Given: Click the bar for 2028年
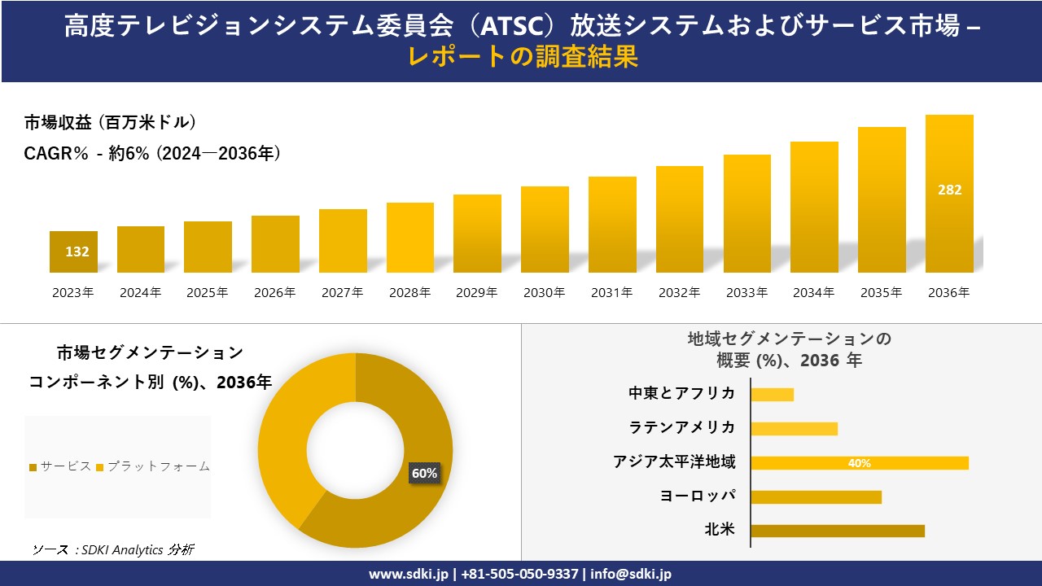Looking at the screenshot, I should [x=409, y=237].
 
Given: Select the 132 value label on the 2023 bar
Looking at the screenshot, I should [x=77, y=251].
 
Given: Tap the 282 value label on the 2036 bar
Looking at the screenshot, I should [x=949, y=190].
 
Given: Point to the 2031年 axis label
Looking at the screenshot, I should [x=611, y=293].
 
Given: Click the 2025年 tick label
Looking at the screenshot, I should [x=208, y=293].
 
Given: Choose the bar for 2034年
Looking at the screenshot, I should [x=814, y=207].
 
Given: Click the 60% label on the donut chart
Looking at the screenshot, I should [x=424, y=473].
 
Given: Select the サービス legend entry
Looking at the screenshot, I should [x=60, y=466].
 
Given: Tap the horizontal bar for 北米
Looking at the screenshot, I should [x=837, y=531].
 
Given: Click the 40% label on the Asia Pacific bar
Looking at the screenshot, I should [x=859, y=463].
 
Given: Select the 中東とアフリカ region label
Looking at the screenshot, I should [x=681, y=394].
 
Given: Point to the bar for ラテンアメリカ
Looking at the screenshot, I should [x=794, y=429].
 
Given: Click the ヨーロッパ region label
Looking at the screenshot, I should [x=698, y=496].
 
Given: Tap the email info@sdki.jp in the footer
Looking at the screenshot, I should [x=631, y=574].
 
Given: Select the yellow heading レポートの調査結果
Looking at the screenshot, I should [x=521, y=57].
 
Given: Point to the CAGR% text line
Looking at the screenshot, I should [x=152, y=153].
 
